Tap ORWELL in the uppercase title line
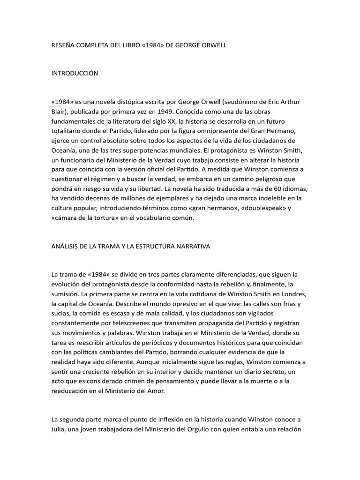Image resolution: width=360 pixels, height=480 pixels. pos(214,46)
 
